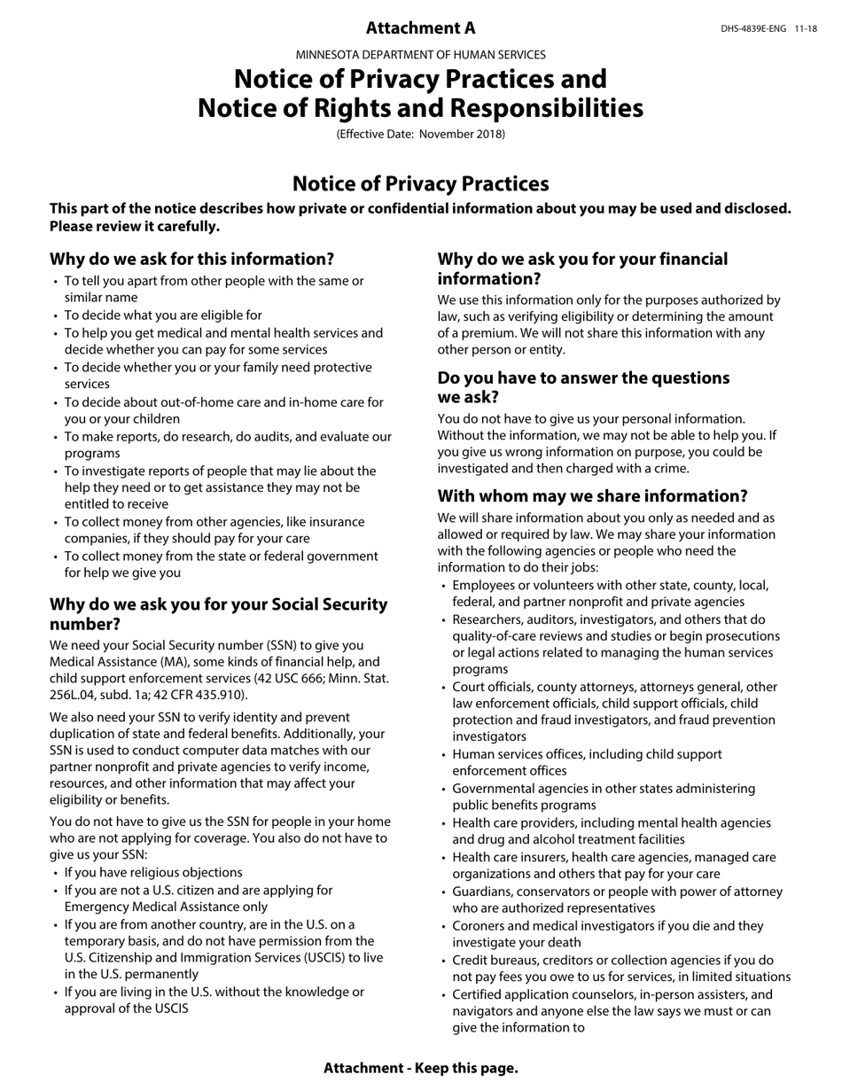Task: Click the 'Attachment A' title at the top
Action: click(420, 28)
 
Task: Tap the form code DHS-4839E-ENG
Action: click(752, 29)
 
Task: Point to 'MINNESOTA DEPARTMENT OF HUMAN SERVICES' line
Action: click(420, 55)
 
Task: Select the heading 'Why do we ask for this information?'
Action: click(191, 260)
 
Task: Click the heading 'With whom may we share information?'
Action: click(592, 496)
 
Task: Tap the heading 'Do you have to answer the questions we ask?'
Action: click(583, 387)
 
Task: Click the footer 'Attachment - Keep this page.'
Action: click(420, 1068)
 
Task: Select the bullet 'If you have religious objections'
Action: click(152, 873)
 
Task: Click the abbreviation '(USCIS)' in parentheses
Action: click(311, 958)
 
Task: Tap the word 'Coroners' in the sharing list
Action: click(479, 926)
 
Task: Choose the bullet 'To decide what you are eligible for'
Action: click(162, 315)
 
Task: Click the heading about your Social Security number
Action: click(218, 614)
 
